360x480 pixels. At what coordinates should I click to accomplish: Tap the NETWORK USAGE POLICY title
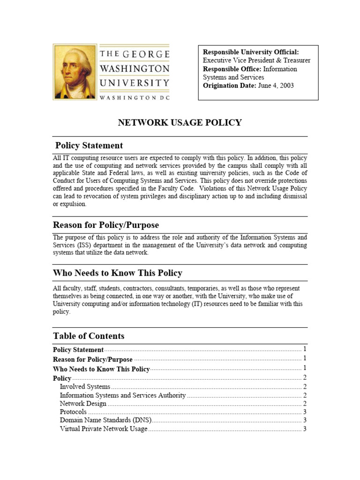pos(180,123)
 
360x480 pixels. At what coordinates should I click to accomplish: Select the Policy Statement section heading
pos(89,145)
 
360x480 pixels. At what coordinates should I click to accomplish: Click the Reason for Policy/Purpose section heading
pos(106,225)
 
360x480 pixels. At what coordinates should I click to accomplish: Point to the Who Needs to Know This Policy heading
pos(118,273)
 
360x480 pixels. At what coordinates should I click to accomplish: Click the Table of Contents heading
pos(89,336)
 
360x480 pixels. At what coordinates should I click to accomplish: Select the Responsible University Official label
pos(250,52)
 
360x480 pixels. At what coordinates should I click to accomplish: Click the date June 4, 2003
pos(276,86)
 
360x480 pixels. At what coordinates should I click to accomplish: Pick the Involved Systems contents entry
pos(85,387)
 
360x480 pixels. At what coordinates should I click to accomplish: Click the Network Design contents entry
pos(83,404)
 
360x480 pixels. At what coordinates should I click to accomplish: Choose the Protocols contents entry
pos(73,412)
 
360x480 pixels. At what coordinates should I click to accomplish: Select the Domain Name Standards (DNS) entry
pos(105,420)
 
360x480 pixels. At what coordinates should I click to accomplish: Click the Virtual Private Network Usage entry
pos(104,429)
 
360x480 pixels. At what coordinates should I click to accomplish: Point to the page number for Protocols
pos(305,412)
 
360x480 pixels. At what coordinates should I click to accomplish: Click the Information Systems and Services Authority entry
pos(123,395)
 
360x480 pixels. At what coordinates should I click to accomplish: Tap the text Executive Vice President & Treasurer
pos(256,60)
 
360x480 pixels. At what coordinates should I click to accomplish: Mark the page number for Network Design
pos(305,404)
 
